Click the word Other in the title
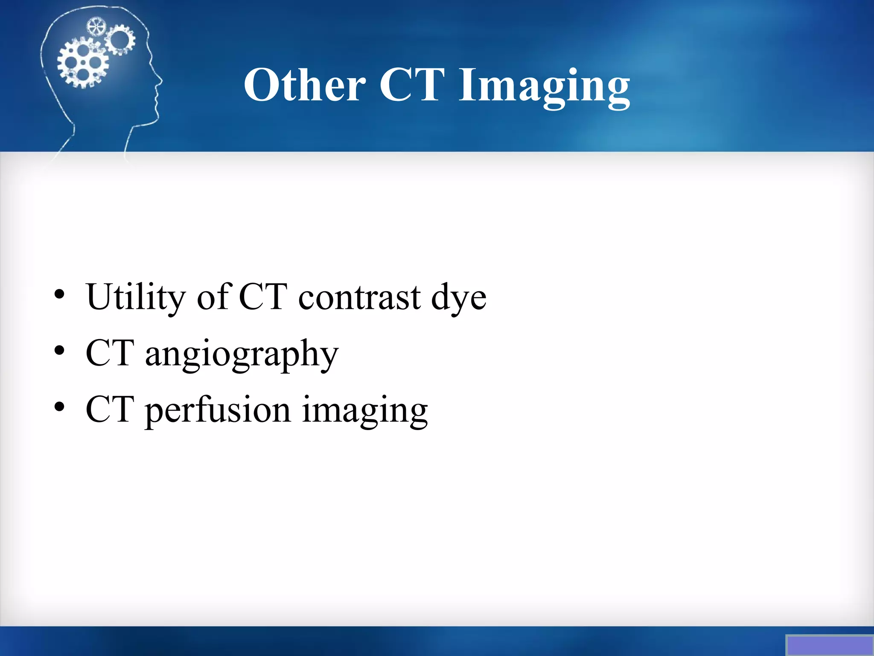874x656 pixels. [x=305, y=85]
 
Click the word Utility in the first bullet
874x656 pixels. [x=136, y=298]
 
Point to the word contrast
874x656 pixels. [x=359, y=298]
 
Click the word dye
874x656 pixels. [x=459, y=298]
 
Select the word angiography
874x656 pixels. [x=242, y=354]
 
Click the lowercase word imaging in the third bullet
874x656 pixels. [x=365, y=410]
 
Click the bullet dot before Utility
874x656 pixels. [x=59, y=295]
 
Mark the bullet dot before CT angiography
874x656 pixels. [x=59, y=351]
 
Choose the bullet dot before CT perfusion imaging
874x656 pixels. [x=59, y=407]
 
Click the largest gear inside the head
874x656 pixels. [x=83, y=63]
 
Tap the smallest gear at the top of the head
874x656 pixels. [x=96, y=27]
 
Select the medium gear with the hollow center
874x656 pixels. [x=120, y=40]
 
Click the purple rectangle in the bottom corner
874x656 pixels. [x=829, y=645]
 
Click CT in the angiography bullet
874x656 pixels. [x=110, y=354]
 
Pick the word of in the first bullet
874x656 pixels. [x=214, y=298]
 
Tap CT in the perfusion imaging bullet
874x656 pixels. [x=110, y=410]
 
